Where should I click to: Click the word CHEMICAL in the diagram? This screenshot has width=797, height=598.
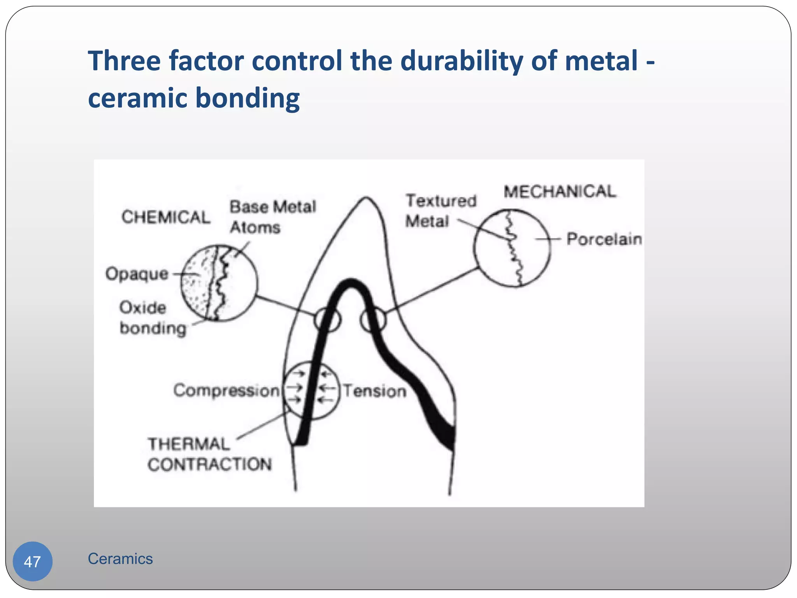166,217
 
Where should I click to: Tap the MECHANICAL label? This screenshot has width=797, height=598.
560,192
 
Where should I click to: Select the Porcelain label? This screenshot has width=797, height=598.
604,239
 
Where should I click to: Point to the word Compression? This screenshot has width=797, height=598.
226,390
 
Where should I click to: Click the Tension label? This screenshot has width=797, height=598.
374,391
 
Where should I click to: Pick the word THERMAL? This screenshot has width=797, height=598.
189,444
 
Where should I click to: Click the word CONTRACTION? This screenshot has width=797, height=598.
209,464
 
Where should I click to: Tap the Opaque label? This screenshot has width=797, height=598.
137,274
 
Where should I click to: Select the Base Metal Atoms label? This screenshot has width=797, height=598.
272,217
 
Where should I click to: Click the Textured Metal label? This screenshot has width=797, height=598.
441,211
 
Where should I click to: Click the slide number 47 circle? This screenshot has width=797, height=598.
33,561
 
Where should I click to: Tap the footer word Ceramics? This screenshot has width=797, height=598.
120,559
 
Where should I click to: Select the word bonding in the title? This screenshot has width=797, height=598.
248,98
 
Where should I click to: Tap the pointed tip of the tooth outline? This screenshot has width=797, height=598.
366,199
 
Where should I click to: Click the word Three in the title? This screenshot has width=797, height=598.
124,61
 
